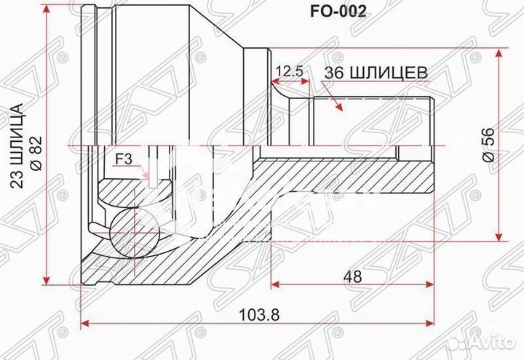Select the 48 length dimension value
coord(354,276)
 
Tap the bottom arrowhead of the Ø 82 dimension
coord(47,281)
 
